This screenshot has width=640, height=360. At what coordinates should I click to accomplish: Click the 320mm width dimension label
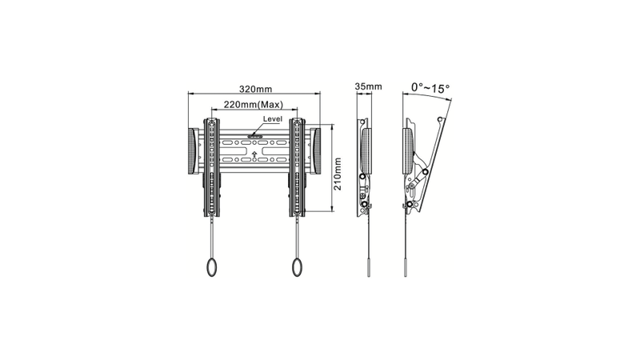pyautogui.click(x=254, y=88)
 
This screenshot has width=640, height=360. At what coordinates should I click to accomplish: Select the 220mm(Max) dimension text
pyautogui.click(x=254, y=105)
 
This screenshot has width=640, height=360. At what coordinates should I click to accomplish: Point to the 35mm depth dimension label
pyautogui.click(x=368, y=86)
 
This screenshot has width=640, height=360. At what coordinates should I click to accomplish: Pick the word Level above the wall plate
pyautogui.click(x=273, y=118)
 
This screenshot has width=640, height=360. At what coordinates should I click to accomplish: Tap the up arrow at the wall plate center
pyautogui.click(x=254, y=152)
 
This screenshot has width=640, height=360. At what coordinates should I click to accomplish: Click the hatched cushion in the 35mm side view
pyautogui.click(x=367, y=150)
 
